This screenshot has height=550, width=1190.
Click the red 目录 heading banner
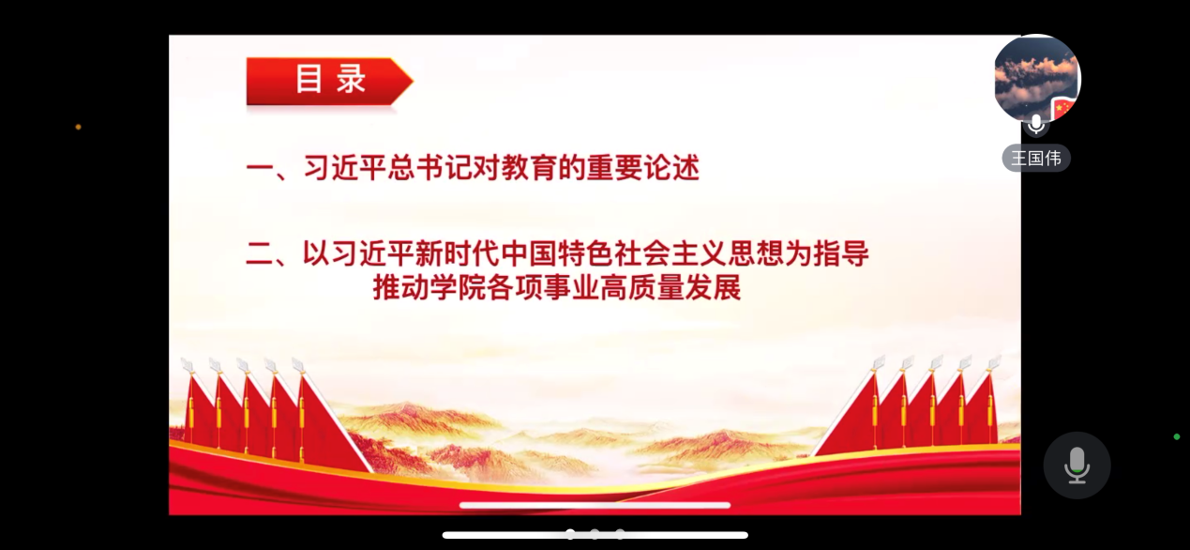click(329, 81)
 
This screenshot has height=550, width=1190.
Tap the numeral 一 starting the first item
click(259, 169)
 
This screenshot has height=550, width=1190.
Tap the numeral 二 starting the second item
click(259, 253)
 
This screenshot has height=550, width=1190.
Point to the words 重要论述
click(642, 168)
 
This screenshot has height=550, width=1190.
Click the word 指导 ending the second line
click(841, 253)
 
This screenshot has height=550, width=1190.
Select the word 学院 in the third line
click(458, 288)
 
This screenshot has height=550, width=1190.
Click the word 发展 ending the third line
click(713, 288)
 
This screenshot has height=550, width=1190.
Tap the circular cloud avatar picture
click(1036, 78)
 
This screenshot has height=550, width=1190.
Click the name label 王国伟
click(1036, 158)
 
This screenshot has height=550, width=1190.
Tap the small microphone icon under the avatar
click(1036, 125)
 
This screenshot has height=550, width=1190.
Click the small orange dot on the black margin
click(78, 127)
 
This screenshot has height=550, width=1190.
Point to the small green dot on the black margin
click(1177, 436)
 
